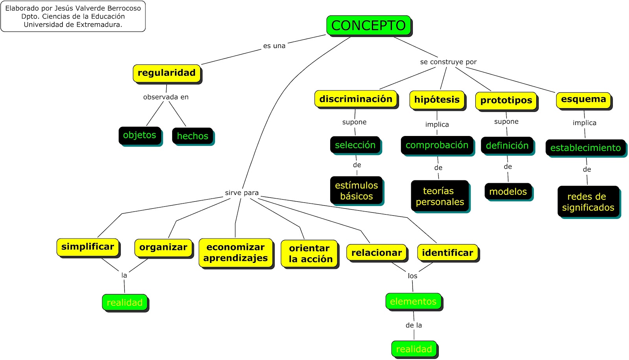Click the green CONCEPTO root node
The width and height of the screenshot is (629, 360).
point(368,26)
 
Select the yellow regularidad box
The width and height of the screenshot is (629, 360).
point(167,73)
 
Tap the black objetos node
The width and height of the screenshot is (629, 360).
point(140,135)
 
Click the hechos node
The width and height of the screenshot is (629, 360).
point(193,136)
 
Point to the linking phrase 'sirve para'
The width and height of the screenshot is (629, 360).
point(242,193)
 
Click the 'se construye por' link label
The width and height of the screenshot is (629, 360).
point(448,62)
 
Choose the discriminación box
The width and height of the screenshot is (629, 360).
point(356,99)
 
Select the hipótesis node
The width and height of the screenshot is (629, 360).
point(437,100)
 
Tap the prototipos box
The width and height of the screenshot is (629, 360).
point(506,101)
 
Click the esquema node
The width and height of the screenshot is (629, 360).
point(583,99)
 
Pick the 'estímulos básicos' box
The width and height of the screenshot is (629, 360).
point(356,191)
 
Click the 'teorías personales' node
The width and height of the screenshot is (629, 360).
point(440,196)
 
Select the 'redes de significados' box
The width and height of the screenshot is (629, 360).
point(588,202)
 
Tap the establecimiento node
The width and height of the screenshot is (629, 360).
point(585,148)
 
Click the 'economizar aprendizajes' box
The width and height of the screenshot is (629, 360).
point(235,253)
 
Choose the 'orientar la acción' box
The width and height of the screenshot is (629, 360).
point(310,253)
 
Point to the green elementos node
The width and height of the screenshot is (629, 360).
point(413,301)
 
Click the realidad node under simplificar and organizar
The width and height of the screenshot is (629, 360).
point(125,303)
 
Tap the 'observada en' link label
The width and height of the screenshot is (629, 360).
point(166,97)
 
